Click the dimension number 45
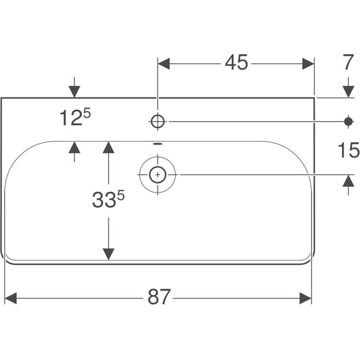236,62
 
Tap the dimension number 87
159,297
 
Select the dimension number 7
348,62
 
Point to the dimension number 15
348,150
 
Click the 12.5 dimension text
75,117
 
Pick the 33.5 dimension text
108,199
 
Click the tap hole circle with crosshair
158,122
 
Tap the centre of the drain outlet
158,175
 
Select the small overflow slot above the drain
158,144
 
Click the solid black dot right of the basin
348,122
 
